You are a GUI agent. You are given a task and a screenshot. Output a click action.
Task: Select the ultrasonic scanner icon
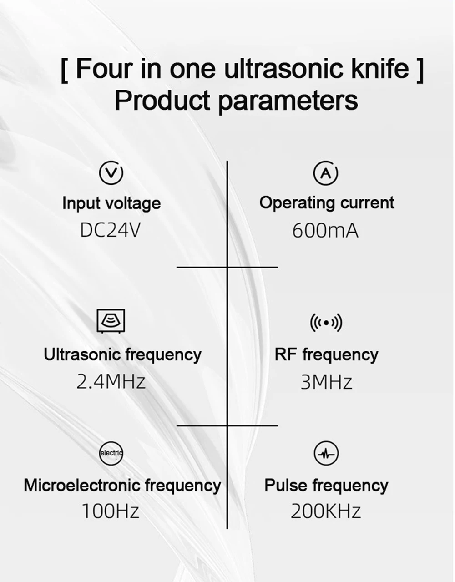(111, 321)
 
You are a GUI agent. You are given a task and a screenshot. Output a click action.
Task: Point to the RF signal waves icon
(326, 323)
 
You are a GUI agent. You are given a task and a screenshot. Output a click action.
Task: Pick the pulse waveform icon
(326, 453)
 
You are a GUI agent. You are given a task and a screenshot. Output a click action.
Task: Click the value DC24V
(110, 230)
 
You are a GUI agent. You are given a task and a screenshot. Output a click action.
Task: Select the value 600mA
(325, 231)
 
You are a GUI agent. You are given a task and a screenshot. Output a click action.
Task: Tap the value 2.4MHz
(111, 381)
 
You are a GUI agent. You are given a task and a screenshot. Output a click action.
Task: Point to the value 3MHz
(326, 382)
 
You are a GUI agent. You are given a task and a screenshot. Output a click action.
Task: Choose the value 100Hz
(111, 511)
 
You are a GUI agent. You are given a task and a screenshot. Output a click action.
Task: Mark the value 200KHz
(326, 511)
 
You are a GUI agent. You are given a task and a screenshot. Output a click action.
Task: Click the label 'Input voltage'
(111, 203)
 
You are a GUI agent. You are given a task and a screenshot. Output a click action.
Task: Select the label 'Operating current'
(327, 202)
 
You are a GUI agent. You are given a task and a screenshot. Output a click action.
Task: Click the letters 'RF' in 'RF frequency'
(285, 354)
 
